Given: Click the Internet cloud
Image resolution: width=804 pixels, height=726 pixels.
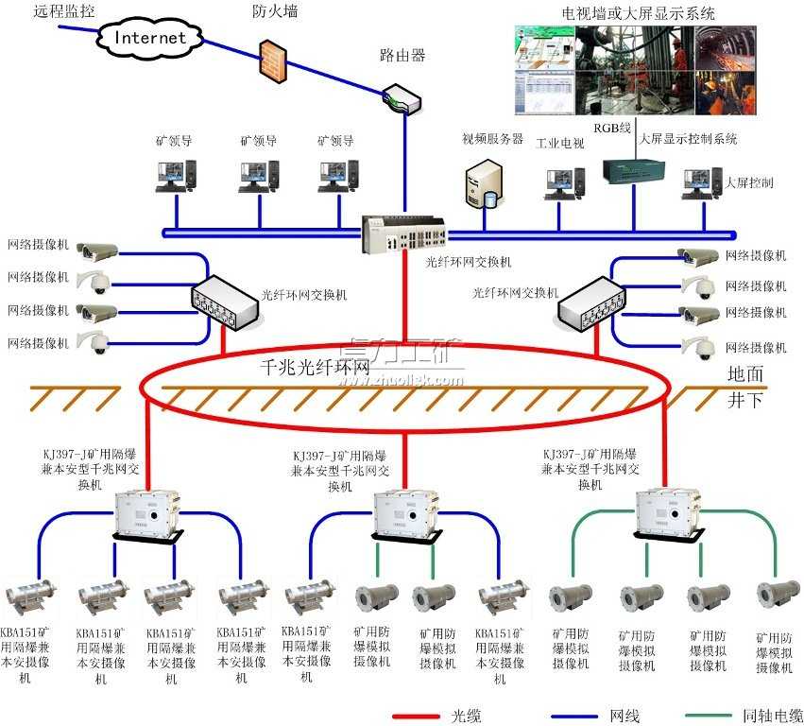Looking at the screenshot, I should click(150, 38).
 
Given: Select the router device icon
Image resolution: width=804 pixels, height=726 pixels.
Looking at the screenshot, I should click(402, 96).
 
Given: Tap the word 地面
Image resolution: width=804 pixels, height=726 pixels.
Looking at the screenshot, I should click(745, 374).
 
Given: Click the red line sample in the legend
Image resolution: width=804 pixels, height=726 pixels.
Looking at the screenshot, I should click(419, 716).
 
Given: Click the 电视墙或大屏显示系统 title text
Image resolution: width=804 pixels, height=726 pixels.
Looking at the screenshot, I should click(638, 13).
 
